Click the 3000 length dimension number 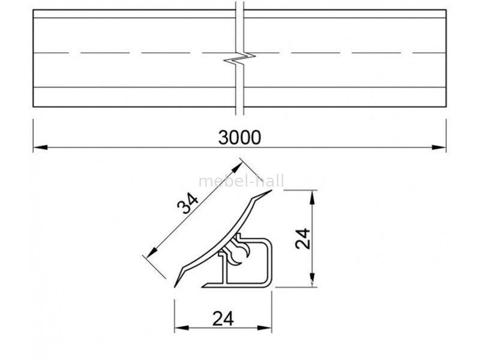239,137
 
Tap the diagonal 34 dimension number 188,203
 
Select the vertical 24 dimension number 303,238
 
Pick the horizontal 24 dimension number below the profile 223,319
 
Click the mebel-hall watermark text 241,181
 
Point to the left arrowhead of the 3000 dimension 40,147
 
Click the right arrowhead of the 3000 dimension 439,147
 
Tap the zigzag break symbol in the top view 239,58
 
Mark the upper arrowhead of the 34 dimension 237,168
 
